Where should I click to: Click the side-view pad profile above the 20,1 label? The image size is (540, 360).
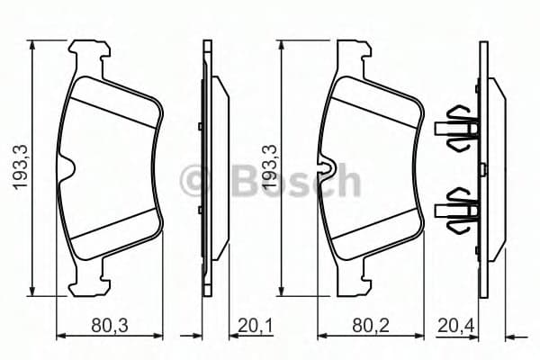pos(213,167)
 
